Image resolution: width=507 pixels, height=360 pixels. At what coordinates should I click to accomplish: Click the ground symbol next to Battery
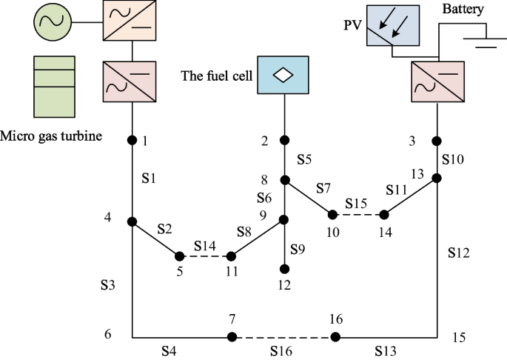pyautogui.click(x=484, y=39)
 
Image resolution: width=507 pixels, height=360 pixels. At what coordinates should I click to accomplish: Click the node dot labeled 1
pyautogui.click(x=132, y=140)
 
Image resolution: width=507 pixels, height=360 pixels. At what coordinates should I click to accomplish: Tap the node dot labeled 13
pyautogui.click(x=437, y=179)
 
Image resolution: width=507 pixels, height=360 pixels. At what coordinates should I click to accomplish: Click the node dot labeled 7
pyautogui.click(x=232, y=337)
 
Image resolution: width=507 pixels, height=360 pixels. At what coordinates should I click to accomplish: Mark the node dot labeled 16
pyautogui.click(x=335, y=337)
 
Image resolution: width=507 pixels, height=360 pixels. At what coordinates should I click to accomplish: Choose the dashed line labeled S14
pyautogui.click(x=205, y=256)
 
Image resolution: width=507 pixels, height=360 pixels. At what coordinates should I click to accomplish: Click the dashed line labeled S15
pyautogui.click(x=358, y=215)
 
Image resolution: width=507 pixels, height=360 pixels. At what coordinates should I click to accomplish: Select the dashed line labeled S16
pyautogui.click(x=283, y=337)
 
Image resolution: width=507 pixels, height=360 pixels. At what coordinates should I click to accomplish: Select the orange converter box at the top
pyautogui.click(x=131, y=20)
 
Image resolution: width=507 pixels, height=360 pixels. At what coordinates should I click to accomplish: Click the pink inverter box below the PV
pyautogui.click(x=437, y=81)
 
